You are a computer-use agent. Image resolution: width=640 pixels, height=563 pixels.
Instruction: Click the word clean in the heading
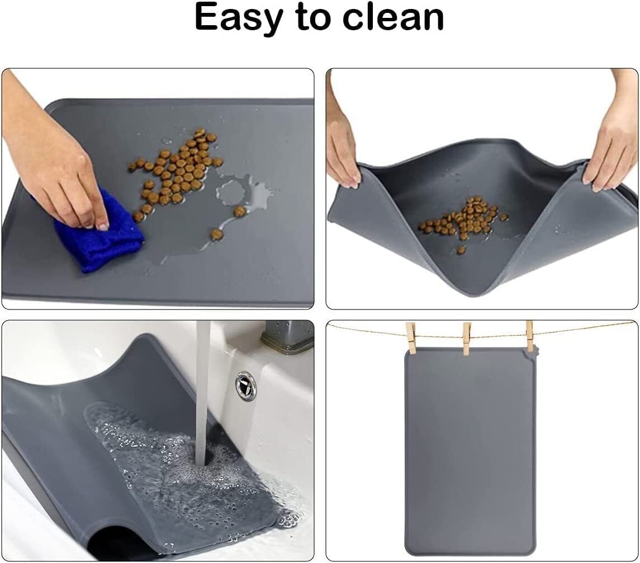click(x=393, y=17)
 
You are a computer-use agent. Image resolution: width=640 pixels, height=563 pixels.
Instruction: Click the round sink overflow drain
click(x=245, y=386)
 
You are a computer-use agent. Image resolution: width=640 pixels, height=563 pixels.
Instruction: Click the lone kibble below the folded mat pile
click(x=461, y=250)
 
